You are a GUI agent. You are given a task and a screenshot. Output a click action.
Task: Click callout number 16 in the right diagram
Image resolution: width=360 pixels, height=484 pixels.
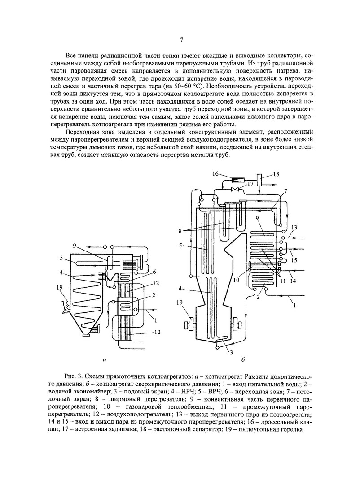click(x=215, y=173)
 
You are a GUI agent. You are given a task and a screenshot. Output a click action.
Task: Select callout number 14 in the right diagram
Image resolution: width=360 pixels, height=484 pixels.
click(x=293, y=281)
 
